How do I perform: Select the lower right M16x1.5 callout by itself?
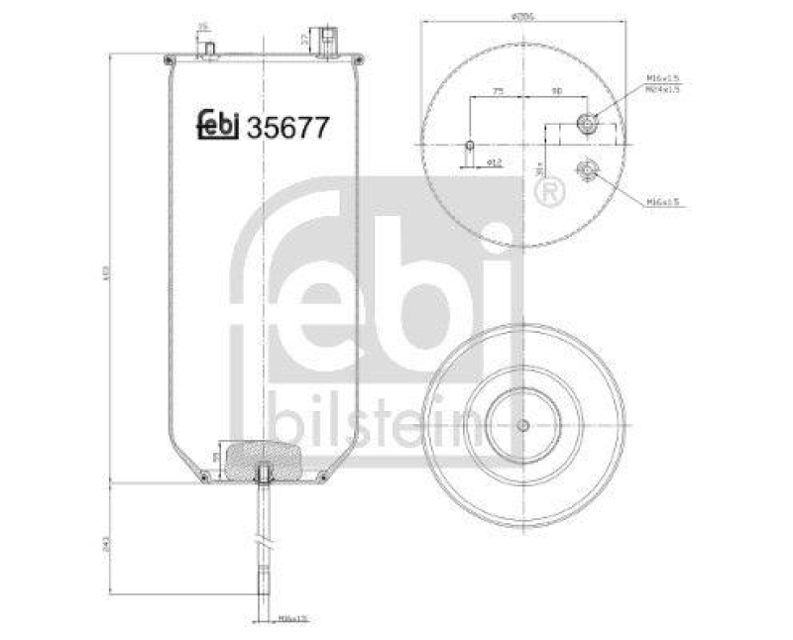tap(662, 202)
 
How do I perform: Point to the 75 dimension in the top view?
tap(499, 90)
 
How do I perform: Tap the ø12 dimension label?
tap(498, 160)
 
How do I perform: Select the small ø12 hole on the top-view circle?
tap(470, 147)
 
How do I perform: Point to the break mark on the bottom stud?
tap(263, 545)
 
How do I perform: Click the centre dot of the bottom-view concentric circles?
tap(521, 426)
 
